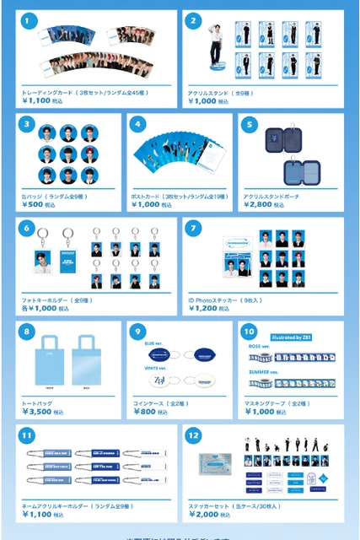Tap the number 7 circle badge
[x=193, y=227]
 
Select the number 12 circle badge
[x=193, y=436]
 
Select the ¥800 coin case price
[x=147, y=413]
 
